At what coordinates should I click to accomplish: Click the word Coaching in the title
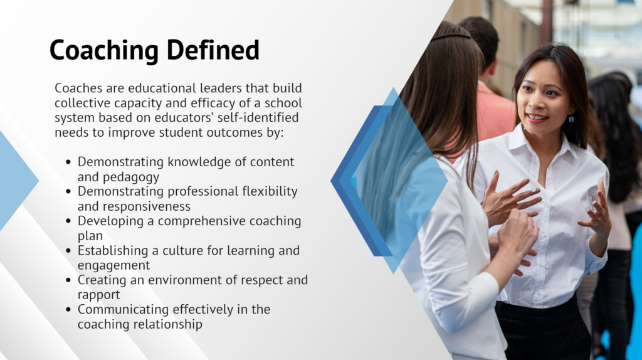[x=104, y=51]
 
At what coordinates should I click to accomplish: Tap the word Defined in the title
[x=213, y=50]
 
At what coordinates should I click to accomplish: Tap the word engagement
[x=114, y=266]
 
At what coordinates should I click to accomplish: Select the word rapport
[x=98, y=295]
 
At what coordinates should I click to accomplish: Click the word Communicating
[x=124, y=310]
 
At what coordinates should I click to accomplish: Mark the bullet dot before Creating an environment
[x=68, y=280]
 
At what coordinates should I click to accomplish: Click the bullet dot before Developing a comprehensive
[x=68, y=221]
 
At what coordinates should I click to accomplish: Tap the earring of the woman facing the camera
[x=571, y=119]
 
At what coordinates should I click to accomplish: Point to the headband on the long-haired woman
[x=450, y=36]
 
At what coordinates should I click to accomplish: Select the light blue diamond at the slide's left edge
[x=16, y=180]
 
